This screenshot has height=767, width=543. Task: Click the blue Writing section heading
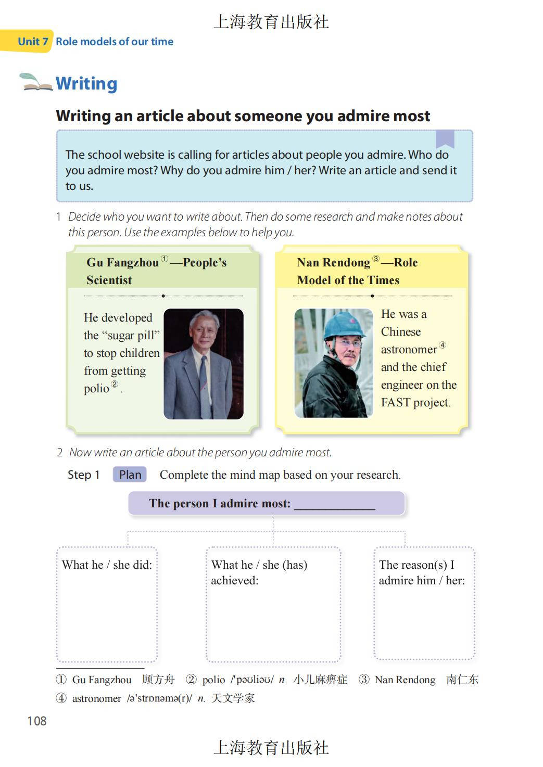[x=86, y=83]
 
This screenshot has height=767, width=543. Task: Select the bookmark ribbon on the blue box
[x=445, y=138]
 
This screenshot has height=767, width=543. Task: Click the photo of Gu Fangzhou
[x=204, y=364]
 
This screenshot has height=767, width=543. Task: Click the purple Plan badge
[x=130, y=475]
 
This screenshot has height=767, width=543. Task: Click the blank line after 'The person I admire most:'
[x=334, y=504]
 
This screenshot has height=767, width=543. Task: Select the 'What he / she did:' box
[x=107, y=604]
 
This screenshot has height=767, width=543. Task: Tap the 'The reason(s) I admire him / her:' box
[x=424, y=604]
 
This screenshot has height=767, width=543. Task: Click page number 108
[x=37, y=721]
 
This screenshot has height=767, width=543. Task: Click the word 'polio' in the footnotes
[x=213, y=680]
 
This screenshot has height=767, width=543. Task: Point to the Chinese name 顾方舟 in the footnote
[x=158, y=680]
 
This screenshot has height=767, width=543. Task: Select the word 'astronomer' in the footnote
[x=96, y=698]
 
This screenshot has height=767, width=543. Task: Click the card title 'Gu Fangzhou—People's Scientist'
[x=156, y=271]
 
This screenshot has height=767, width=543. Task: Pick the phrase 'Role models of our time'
[x=115, y=42]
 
